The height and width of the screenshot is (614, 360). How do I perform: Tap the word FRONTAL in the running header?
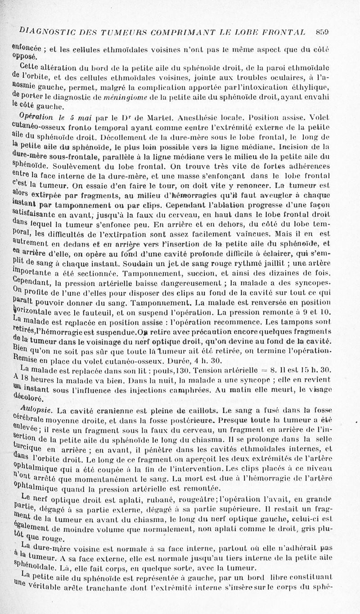(286, 32)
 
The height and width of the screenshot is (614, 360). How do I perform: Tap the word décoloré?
(30, 398)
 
